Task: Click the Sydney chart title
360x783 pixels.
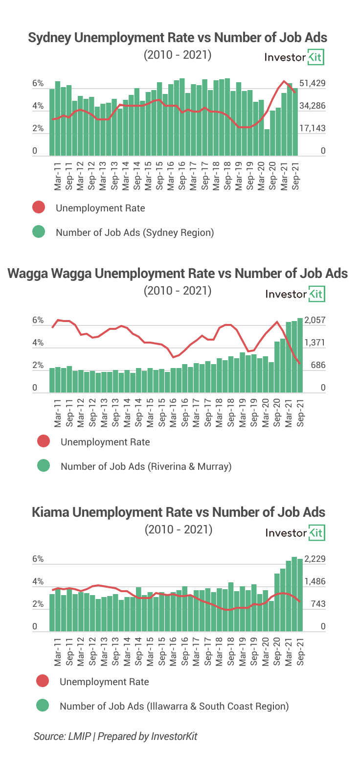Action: coord(178,38)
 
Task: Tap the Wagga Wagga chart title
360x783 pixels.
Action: coord(178,273)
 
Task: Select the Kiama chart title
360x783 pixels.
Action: coord(178,512)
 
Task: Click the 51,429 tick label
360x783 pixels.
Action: coord(312,83)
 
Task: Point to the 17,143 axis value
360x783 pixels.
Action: coord(312,128)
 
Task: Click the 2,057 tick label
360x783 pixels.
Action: coord(315,320)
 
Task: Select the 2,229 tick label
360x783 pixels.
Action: coord(315,559)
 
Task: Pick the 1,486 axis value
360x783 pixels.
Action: coord(315,581)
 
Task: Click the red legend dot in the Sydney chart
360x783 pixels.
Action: coord(39,207)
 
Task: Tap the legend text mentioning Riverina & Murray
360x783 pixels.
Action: coord(146,466)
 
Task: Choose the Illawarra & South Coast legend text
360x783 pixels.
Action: coord(174,706)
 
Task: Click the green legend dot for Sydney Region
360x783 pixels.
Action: coord(39,232)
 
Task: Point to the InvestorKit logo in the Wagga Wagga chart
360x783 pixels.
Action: coord(294,294)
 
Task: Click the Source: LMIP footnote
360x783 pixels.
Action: coord(115,736)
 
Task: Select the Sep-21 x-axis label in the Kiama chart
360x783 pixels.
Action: coord(300,651)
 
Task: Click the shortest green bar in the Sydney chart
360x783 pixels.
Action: coord(267,142)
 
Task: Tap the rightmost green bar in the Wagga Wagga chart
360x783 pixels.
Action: coord(300,355)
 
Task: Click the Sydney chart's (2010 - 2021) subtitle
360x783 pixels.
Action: coord(178,55)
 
